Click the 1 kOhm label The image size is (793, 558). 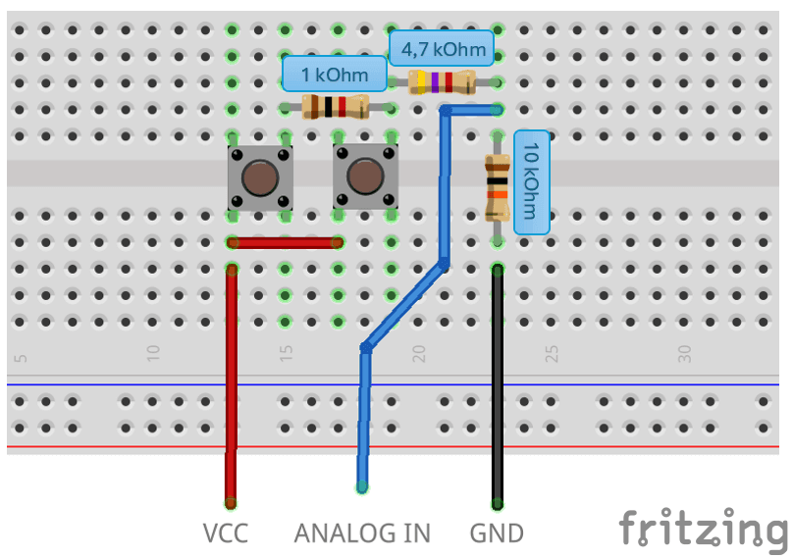click(x=335, y=75)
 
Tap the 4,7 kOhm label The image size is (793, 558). click(x=441, y=47)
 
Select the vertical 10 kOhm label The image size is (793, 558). click(x=531, y=181)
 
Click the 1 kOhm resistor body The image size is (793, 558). click(x=335, y=107)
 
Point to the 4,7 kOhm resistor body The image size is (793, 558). click(x=441, y=82)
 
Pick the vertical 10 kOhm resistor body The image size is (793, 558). click(x=498, y=187)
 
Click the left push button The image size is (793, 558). click(x=260, y=178)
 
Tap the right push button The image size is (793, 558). click(x=365, y=178)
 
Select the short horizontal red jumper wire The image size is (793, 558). click(x=285, y=242)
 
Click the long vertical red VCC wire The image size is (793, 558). click(x=232, y=392)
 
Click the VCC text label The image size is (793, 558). click(x=225, y=533)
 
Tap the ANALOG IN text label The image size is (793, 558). click(x=362, y=533)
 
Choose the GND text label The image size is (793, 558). click(x=497, y=533)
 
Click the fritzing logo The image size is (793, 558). click(x=703, y=530)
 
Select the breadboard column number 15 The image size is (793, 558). click(x=286, y=353)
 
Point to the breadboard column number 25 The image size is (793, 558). click(x=552, y=353)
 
